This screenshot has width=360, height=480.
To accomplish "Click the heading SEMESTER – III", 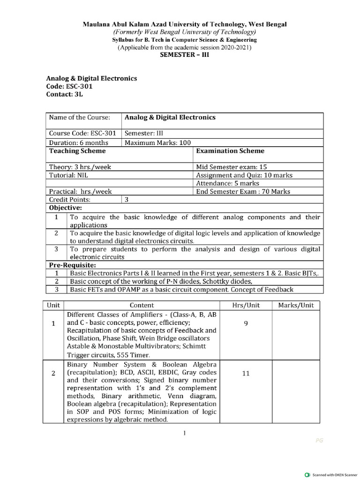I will [183, 55].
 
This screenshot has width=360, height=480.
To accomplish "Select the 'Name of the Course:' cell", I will [79, 117].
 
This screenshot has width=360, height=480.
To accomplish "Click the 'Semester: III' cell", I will [144, 133].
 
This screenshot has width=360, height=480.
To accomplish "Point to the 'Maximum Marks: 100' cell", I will [151, 142].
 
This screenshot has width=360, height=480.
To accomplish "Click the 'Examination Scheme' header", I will [230, 151].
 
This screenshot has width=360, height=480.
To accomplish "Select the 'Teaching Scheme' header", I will [77, 151].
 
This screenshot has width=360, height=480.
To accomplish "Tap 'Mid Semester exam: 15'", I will [232, 167].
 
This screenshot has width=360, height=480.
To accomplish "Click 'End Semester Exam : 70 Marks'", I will [243, 191].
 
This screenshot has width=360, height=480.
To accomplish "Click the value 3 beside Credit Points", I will [127, 199].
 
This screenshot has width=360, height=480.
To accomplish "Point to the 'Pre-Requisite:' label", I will [69, 265].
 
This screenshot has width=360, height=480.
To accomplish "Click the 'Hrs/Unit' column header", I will [246, 305].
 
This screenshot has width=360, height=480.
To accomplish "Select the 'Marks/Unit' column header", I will [296, 305].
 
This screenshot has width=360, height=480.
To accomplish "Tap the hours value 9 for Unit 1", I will [246, 323].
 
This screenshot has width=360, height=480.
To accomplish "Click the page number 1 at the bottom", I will [186, 433].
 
